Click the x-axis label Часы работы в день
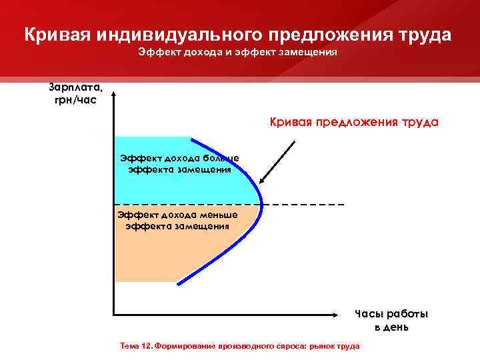(391, 320)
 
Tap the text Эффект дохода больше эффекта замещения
(179, 163)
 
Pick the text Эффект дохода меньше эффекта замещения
(177, 220)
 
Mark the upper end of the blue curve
(193, 137)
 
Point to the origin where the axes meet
(115, 313)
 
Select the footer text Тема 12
(135, 347)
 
